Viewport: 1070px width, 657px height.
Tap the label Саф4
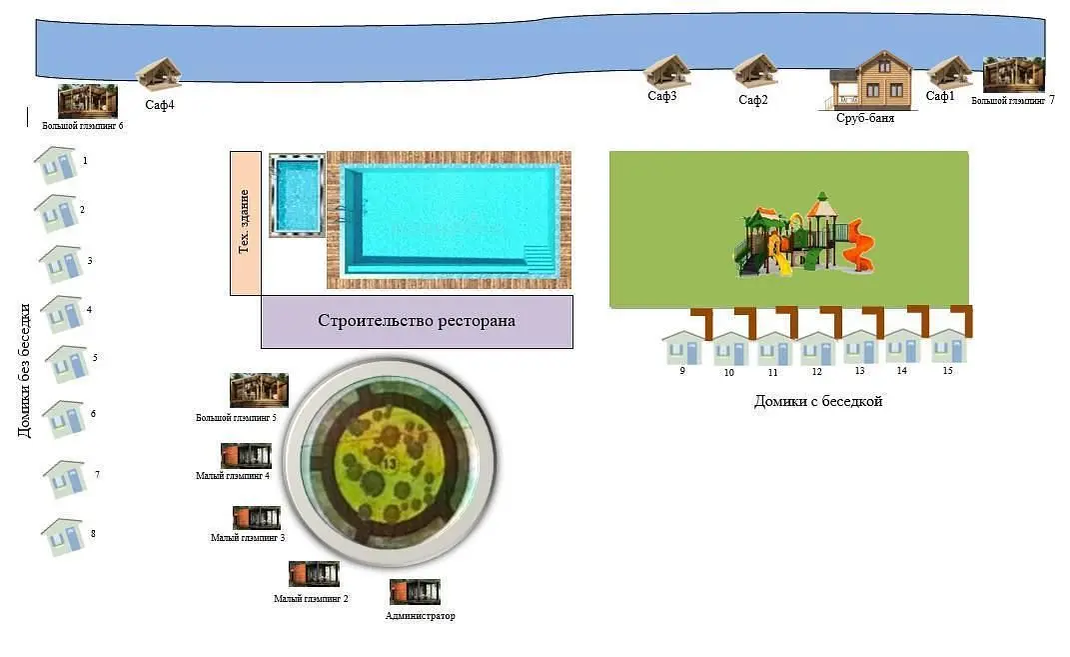[160, 104]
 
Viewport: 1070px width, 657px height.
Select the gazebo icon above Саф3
[666, 71]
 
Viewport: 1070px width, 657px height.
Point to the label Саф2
[752, 100]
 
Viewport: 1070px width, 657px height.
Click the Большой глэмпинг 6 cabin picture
[87, 101]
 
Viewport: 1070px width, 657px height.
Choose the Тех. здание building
[246, 223]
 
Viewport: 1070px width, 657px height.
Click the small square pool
[296, 195]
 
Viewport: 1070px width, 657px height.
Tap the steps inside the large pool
[539, 259]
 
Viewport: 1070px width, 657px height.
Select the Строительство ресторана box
[417, 322]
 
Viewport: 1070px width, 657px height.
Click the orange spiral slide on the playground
[858, 245]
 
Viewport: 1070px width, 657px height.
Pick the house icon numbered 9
[683, 348]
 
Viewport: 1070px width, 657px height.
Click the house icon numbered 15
[948, 346]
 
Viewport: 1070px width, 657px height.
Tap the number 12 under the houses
[817, 372]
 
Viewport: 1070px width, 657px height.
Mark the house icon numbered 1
[56, 165]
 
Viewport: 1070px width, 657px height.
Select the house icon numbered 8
[63, 537]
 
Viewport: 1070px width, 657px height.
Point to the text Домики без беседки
[25, 370]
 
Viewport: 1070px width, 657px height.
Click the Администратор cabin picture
[415, 592]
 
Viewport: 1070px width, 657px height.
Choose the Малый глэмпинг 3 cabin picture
[257, 518]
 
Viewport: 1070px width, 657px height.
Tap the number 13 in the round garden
[389, 464]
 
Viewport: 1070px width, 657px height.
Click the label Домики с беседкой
[818, 402]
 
